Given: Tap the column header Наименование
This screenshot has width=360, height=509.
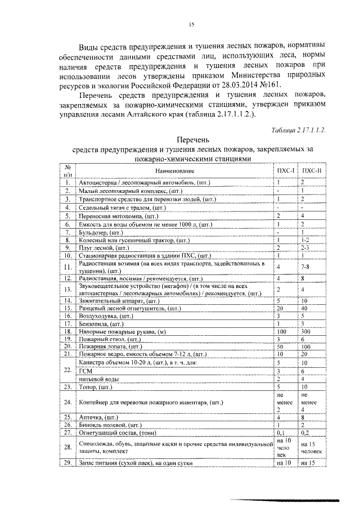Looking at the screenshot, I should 173,170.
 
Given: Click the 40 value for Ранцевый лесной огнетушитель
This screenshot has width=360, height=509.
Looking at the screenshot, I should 304,308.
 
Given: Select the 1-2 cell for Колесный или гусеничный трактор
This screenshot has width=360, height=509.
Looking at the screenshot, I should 305,239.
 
